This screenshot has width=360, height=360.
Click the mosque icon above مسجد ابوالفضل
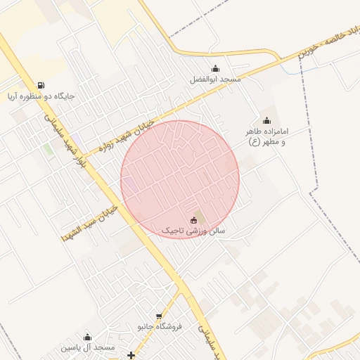[214, 69]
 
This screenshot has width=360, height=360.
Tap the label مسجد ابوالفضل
[215, 79]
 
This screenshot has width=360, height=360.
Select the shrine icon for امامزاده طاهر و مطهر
[266, 120]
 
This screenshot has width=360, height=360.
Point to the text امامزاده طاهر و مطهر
[267, 136]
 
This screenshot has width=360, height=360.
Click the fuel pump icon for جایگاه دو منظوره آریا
[41, 85]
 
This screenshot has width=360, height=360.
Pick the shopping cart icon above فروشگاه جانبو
[160, 316]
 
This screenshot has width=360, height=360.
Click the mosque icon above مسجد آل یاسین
[87, 337]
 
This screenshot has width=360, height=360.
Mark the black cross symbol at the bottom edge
[131, 355]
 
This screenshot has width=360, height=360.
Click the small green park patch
[49, 149]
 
